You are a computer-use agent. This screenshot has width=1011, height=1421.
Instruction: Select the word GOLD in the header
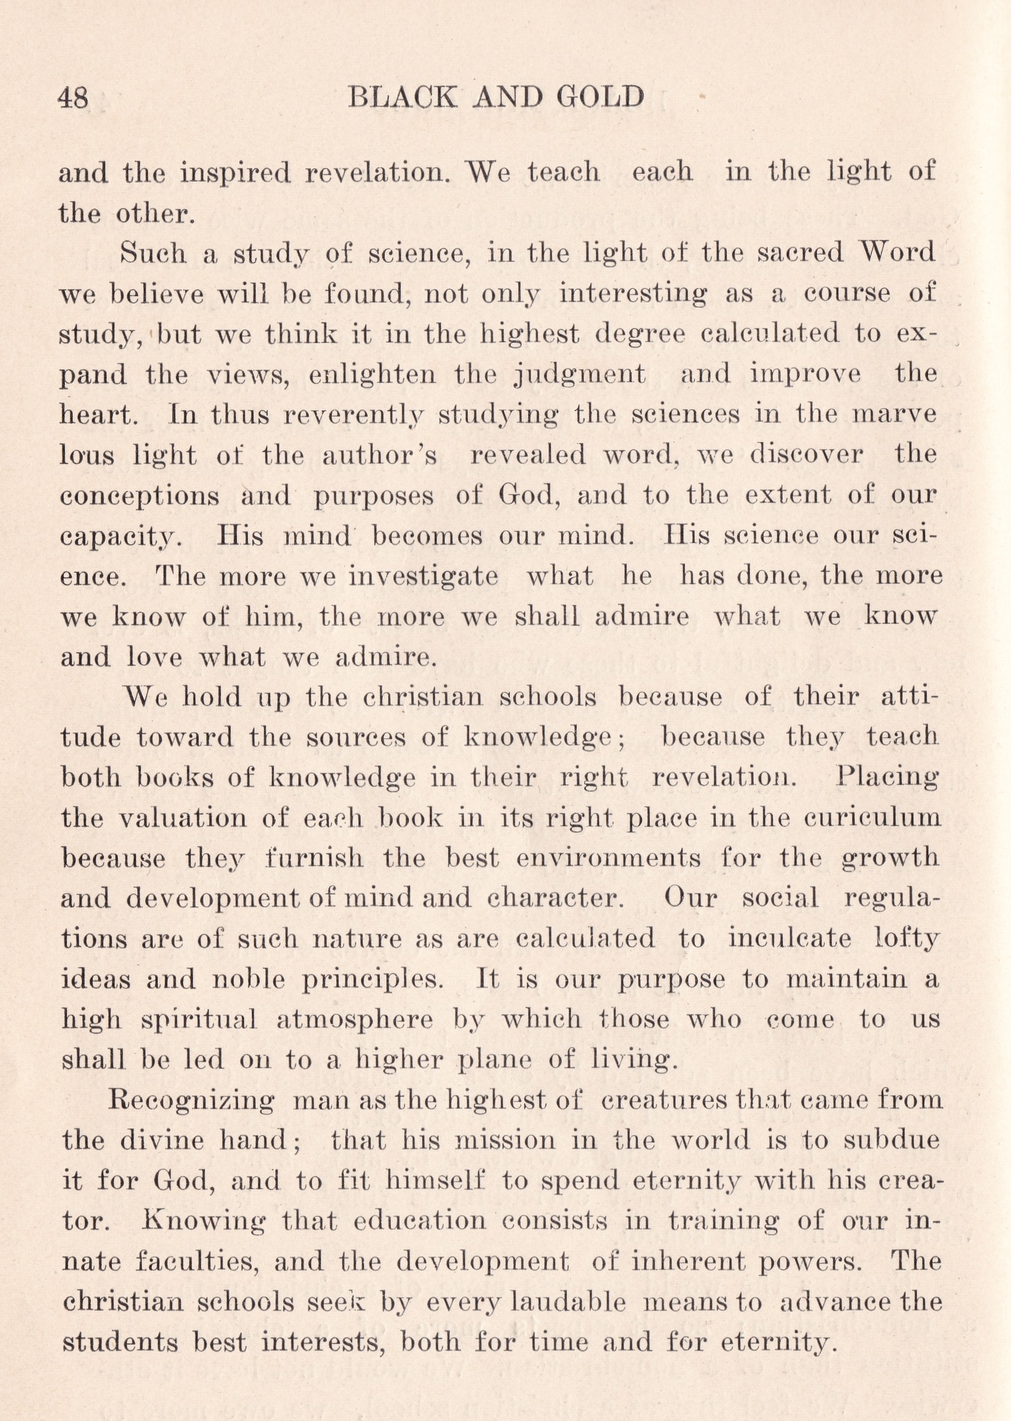[x=600, y=98]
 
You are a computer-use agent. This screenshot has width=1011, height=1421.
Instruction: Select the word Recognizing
[x=191, y=1101]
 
